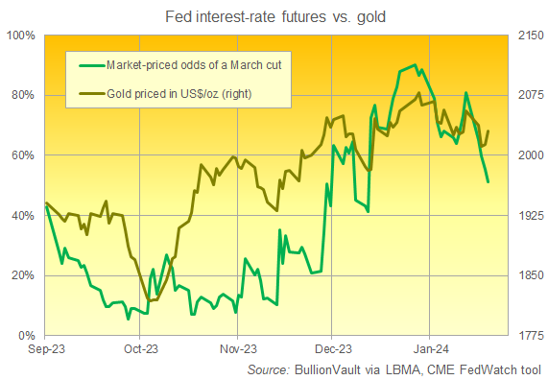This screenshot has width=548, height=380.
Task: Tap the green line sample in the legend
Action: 92,64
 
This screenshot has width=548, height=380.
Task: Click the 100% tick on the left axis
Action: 20,35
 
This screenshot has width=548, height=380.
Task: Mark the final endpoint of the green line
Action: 488,181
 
